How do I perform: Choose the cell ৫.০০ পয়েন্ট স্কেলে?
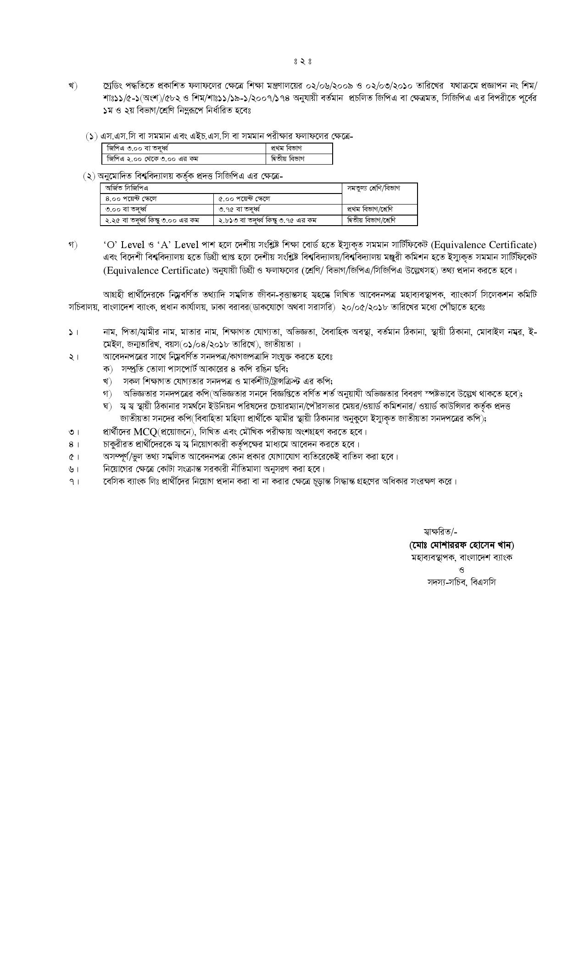pos(244,199)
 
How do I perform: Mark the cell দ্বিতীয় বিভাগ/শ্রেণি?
pos(372,220)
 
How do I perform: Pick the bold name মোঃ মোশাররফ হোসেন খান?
pos(462,545)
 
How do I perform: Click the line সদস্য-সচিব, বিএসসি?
pos(461,582)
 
